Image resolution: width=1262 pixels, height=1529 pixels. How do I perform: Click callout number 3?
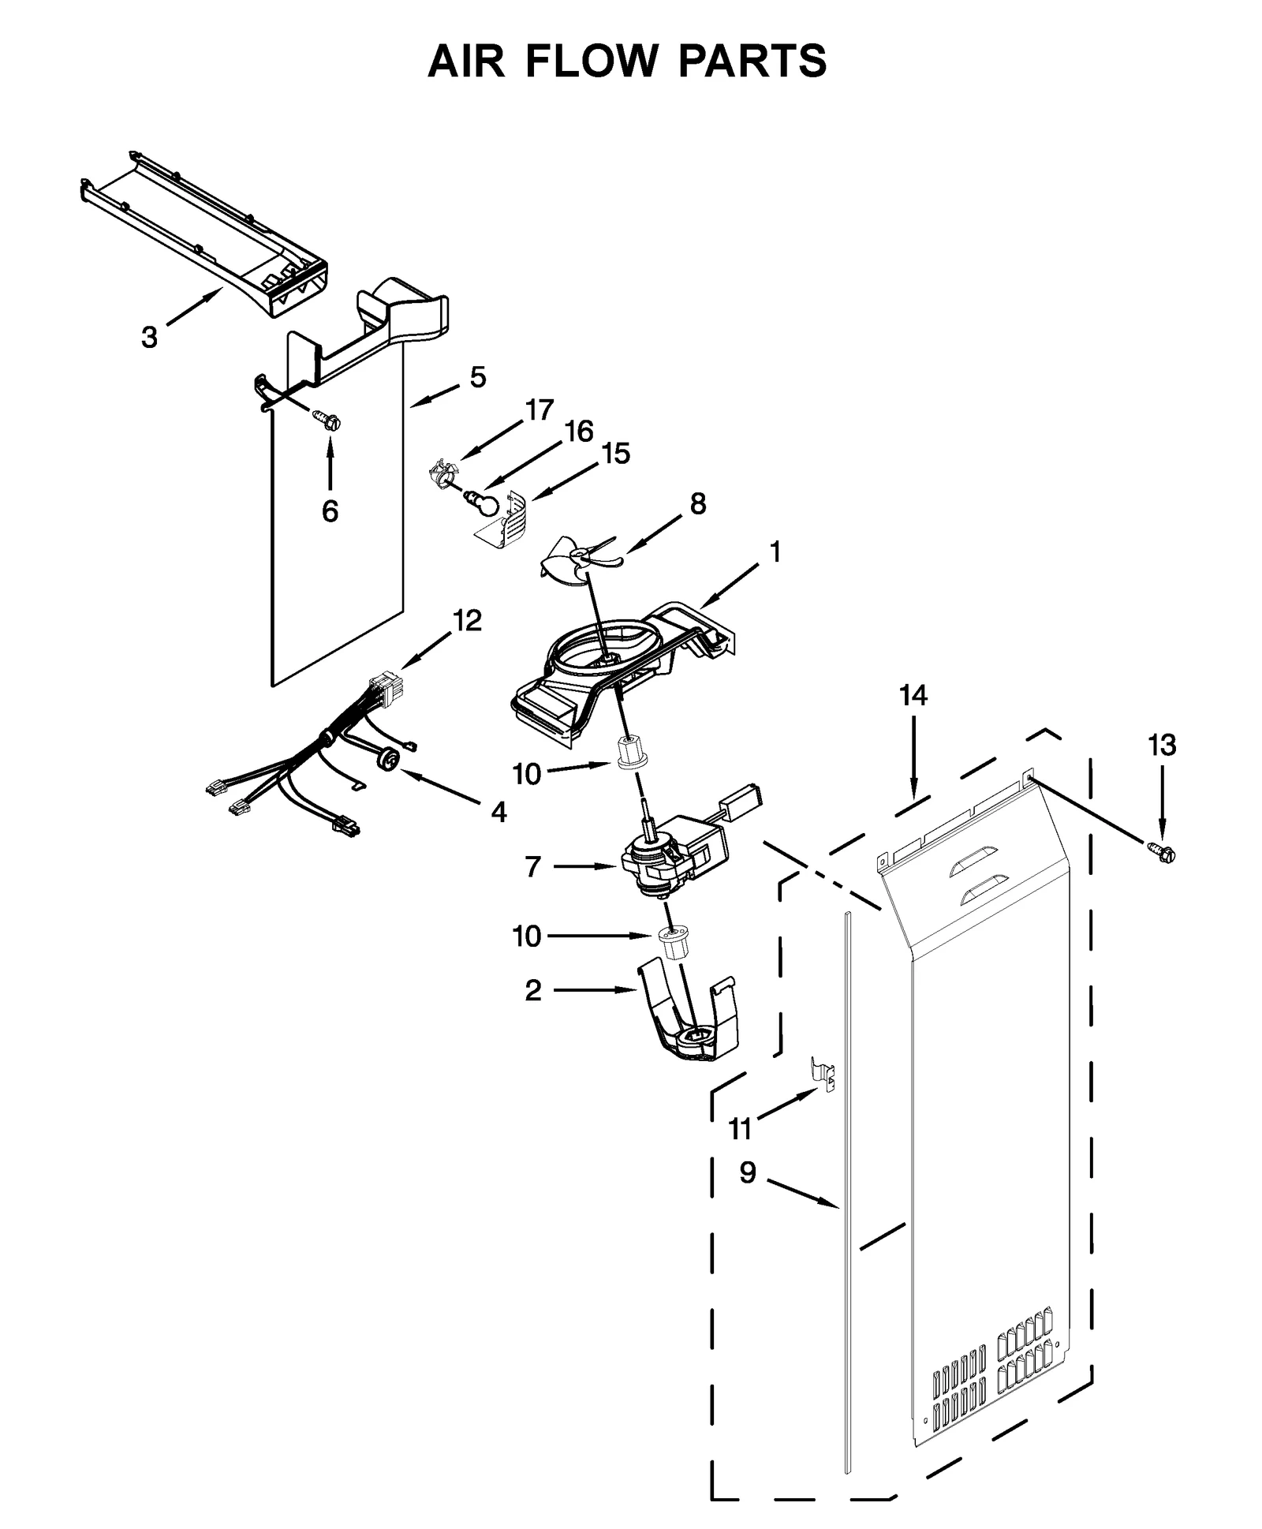pos(149,338)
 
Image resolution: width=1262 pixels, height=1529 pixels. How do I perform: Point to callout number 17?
pos(540,410)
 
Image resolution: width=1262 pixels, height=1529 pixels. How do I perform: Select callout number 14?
pos(913,695)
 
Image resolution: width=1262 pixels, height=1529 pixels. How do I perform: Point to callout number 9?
pos(748,1172)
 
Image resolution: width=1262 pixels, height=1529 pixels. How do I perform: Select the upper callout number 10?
pos(527,774)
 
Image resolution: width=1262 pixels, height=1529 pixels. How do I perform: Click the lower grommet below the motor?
pos(673,940)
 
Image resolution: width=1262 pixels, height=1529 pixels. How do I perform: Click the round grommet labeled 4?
pos(388,760)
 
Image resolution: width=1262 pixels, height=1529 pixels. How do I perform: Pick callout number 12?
pos(467,620)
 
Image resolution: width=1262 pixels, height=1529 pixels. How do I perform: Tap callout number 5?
pos(478,377)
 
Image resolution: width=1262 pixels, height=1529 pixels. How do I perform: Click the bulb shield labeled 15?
pos(509,519)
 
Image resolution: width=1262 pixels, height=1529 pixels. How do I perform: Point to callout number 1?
pos(775,552)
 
